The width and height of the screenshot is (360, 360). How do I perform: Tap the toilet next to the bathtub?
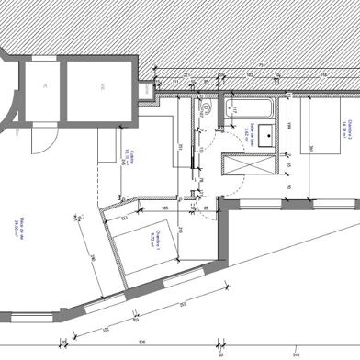208,109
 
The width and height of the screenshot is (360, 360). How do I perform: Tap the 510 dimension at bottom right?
294,350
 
